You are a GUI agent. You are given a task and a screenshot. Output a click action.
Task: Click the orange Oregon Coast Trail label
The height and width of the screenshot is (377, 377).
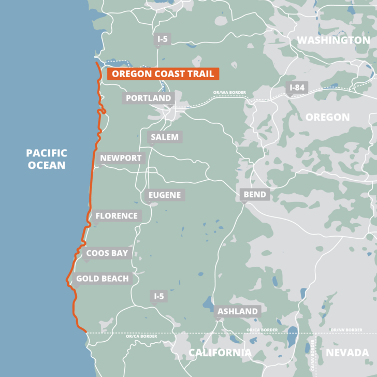click(163, 74)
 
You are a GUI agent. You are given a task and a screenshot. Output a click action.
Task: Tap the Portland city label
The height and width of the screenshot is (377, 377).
click(148, 98)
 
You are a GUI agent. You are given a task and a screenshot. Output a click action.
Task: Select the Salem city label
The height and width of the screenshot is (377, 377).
click(165, 137)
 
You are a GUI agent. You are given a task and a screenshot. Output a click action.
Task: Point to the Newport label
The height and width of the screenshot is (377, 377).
click(121, 158)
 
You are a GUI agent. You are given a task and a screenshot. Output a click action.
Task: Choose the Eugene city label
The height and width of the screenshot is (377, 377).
click(165, 195)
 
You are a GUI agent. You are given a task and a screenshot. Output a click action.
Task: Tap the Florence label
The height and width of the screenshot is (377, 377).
click(117, 216)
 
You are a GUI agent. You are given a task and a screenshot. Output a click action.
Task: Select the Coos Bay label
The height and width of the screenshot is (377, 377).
click(107, 253)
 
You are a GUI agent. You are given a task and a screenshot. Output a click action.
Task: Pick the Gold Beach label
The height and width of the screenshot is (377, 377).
click(103, 279)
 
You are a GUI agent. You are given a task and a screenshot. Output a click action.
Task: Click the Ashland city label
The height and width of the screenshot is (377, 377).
click(237, 311)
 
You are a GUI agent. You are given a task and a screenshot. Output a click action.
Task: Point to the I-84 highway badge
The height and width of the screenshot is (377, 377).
click(297, 88)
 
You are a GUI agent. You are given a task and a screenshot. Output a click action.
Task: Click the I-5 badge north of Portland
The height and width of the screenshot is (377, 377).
click(163, 39)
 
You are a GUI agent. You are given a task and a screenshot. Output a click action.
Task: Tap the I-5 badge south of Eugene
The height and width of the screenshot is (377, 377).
click(158, 296)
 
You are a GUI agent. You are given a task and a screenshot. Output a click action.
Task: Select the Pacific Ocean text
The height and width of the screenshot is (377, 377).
click(47, 159)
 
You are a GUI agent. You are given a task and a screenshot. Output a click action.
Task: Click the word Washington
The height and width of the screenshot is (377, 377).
click(333, 40)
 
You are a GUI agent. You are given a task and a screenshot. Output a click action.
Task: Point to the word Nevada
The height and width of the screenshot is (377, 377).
click(347, 353)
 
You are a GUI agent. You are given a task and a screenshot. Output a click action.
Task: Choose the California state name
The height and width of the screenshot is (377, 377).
click(220, 353)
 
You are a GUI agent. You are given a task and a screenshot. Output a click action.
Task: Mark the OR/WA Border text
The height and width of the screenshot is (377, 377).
click(229, 93)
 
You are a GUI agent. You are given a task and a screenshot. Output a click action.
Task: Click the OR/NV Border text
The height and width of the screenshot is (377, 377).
click(347, 330)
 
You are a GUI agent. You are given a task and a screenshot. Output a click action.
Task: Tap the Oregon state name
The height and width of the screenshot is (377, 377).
click(327, 117)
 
